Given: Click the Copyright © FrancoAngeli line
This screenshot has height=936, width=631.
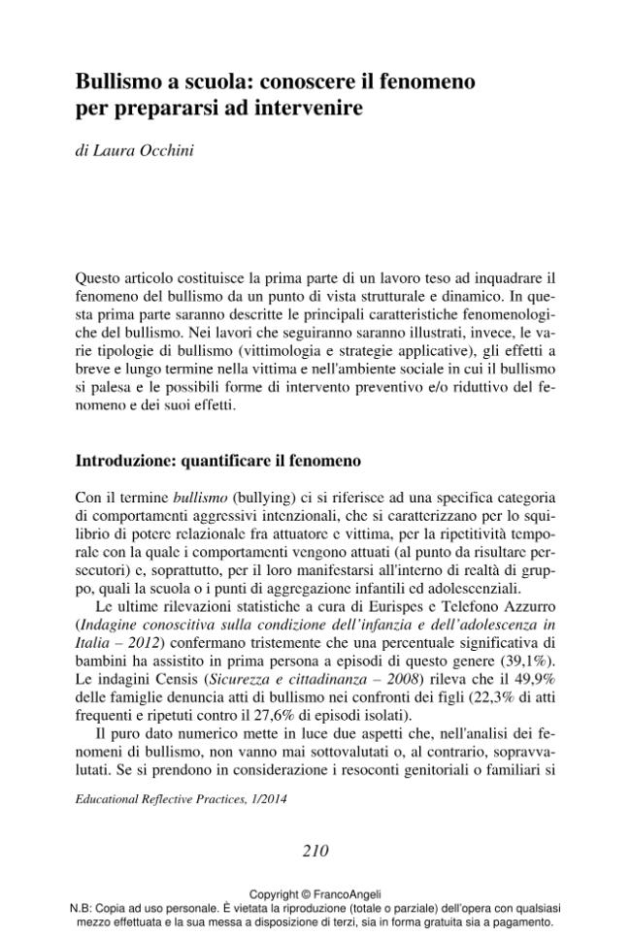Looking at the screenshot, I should click(315, 893).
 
